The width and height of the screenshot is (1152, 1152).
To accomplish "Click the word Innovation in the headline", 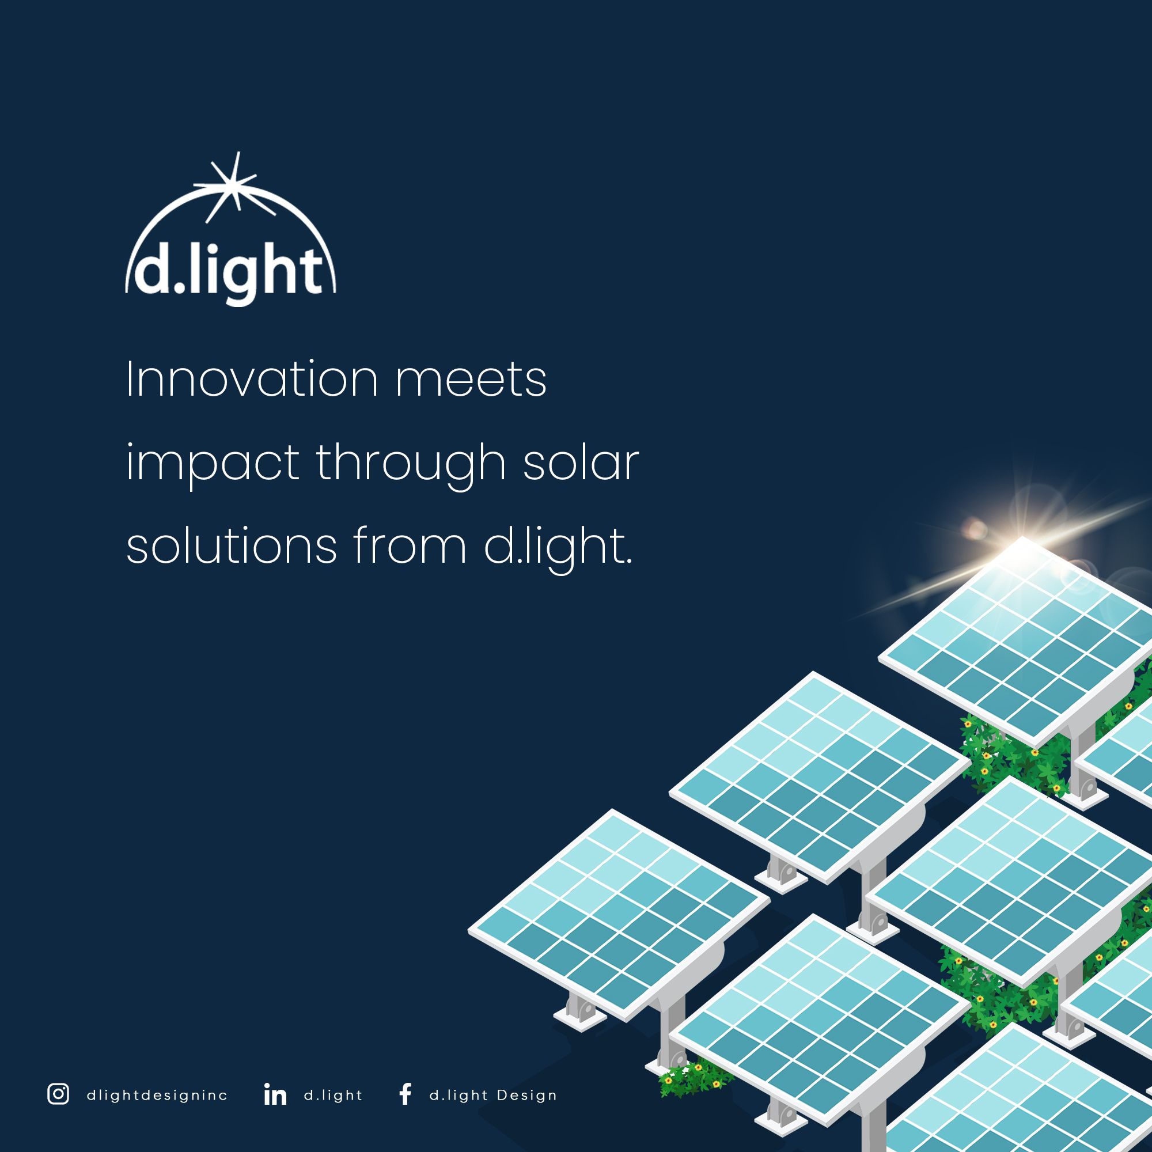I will pos(252,379).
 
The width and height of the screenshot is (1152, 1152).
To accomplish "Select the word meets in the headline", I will pos(471,379).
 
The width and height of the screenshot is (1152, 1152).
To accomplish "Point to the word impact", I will pos(213,463).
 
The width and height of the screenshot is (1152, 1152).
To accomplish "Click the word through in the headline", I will pos(411,463).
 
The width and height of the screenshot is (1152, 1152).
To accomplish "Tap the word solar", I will pos(581,463).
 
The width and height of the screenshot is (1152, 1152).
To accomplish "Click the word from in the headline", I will pos(410,546).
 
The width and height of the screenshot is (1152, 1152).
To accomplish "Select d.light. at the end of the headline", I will pos(558,546).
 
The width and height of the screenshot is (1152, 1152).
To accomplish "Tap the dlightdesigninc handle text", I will pos(157,1096).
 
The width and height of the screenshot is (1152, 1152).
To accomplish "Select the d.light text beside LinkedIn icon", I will pos(334,1096).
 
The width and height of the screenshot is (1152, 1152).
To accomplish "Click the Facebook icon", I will pos(406,1094).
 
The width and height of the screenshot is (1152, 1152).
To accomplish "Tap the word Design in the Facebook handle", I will pos(527,1096).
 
